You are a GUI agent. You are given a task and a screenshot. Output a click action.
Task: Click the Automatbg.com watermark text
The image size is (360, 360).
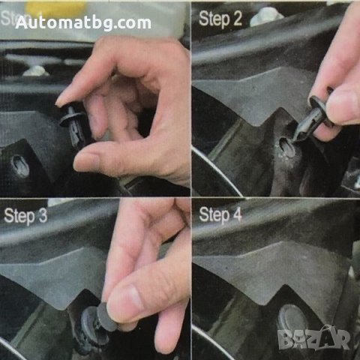click(83, 22)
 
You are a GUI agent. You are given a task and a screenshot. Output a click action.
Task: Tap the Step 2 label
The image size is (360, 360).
click(220, 19)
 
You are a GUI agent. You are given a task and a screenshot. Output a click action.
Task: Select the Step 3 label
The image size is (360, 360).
click(30, 217)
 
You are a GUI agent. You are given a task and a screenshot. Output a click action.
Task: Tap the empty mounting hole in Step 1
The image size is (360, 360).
click(19, 166)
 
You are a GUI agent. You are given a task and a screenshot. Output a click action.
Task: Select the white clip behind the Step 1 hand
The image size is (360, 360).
click(35, 71)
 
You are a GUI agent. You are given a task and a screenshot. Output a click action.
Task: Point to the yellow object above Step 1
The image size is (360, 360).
click(57, 7)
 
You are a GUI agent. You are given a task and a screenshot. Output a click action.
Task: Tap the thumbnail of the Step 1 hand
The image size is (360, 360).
click(85, 160)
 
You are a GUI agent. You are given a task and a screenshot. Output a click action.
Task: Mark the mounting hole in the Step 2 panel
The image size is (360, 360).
click(286, 147)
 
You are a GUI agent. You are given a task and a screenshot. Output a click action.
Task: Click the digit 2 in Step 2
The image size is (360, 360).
click(237, 19)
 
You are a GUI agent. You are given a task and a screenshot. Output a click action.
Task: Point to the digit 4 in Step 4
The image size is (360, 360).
click(238, 215)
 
